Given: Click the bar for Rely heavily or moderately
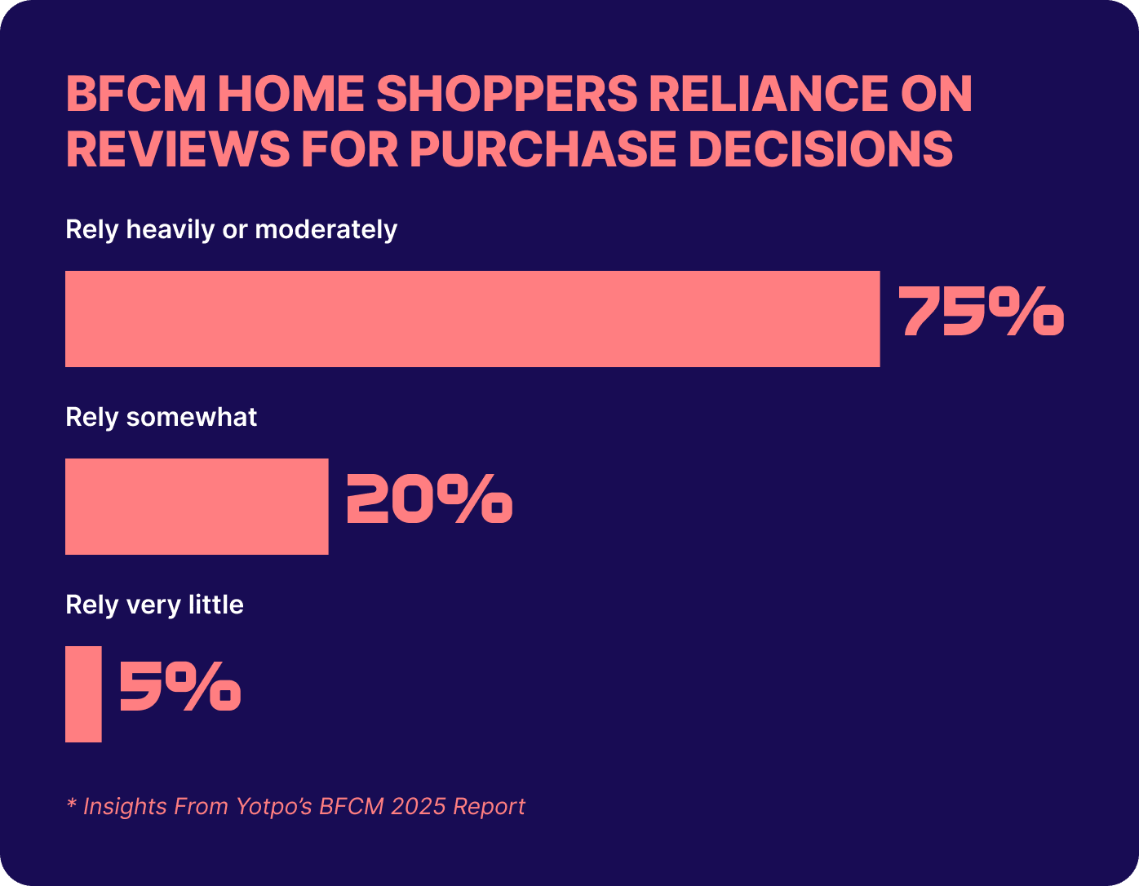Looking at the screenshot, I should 472,319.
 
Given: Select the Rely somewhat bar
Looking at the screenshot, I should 197,507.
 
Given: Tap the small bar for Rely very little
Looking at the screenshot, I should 83,694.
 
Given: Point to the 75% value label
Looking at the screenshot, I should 981,312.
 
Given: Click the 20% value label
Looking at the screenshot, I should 429,499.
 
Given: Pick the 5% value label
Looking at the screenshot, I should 179,687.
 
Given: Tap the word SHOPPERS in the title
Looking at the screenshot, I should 507,95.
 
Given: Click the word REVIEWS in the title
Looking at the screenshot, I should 177,149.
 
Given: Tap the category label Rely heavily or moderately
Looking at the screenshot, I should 231,230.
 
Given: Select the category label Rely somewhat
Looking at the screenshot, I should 161,418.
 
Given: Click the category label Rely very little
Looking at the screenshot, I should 154,605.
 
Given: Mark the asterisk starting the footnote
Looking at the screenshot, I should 71,804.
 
